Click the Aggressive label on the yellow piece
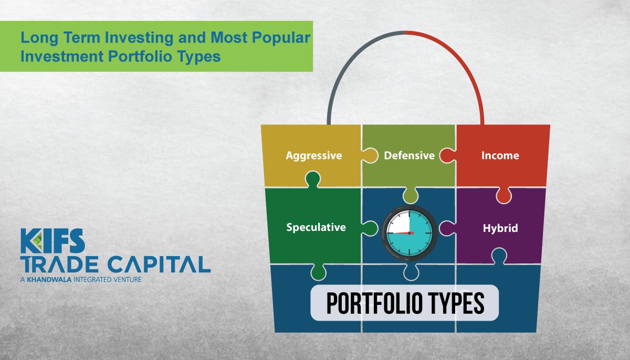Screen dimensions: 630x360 coord(314,156)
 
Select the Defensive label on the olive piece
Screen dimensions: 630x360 coord(409,155)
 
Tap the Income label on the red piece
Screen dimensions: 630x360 coord(500,155)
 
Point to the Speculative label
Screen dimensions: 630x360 coord(316,227)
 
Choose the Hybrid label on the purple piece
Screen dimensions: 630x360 coord(500,228)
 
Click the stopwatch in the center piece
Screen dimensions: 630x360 coord(409,233)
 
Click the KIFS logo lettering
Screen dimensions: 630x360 coord(52,240)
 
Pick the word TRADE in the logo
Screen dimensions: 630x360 coord(59,264)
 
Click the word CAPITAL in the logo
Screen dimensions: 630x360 coord(159,264)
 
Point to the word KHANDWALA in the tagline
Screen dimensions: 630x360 coord(49,280)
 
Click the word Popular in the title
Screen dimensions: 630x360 coord(281,38)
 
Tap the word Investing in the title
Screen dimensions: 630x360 coord(139,38)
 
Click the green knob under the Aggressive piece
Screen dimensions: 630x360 coord(313,179)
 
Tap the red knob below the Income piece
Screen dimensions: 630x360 coord(503,195)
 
